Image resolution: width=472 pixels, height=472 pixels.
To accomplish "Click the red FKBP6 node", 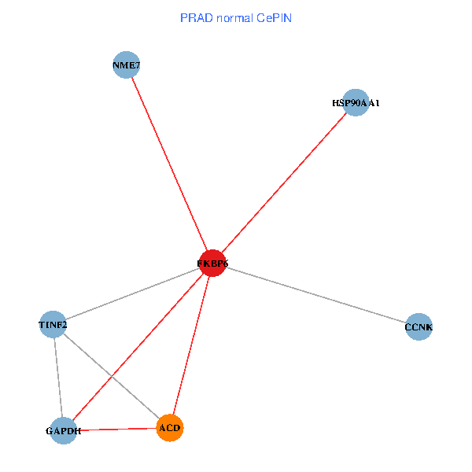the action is point(212,263).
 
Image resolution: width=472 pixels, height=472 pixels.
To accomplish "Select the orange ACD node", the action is point(170,428).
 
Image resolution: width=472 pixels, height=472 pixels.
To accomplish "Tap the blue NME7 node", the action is point(127,65).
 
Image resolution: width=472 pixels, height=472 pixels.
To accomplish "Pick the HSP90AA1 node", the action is point(356,102).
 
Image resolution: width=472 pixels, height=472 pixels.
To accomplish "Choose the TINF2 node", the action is point(53,324).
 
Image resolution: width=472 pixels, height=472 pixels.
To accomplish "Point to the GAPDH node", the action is point(64,430).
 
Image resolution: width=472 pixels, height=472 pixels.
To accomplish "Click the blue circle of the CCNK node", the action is point(419,326).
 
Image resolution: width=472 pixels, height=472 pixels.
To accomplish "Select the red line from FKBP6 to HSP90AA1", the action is point(283,183).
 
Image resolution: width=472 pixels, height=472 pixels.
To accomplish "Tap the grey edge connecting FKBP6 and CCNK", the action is point(315,294).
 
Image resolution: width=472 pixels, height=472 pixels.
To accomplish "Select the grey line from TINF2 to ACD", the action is point(111,376).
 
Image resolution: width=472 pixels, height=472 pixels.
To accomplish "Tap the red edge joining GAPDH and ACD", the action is point(116,430).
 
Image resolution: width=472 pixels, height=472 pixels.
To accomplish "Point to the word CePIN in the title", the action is point(275,17).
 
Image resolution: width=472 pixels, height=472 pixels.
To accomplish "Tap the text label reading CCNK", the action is point(419,326).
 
